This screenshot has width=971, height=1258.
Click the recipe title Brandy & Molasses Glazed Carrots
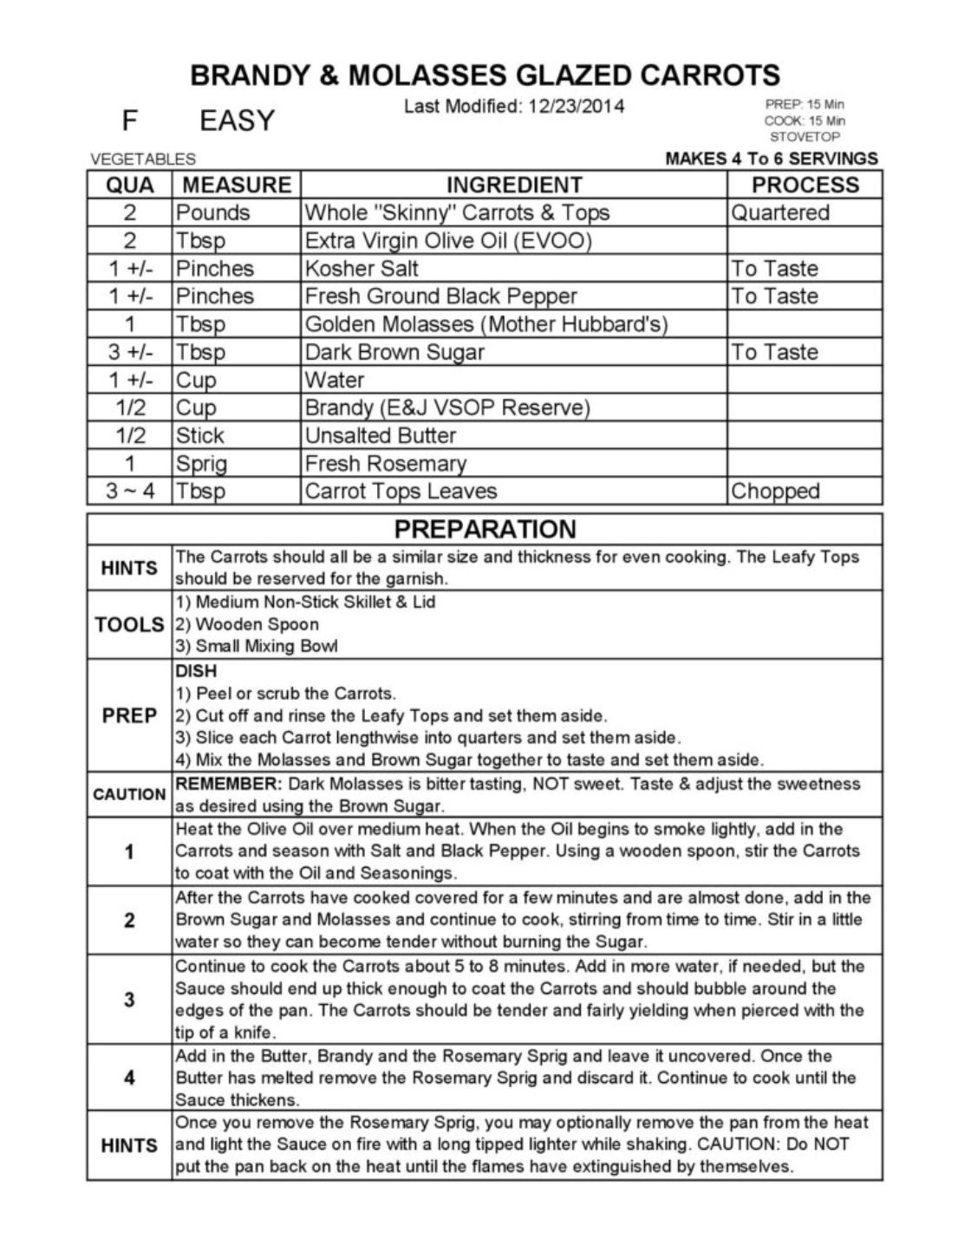(485, 75)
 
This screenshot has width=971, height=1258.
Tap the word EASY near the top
(237, 121)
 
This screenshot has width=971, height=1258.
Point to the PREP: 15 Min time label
(805, 104)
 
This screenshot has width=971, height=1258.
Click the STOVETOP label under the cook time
(805, 137)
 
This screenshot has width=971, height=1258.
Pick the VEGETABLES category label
(143, 160)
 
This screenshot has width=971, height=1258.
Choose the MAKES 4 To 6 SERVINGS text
(771, 159)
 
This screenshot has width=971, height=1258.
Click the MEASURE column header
(237, 185)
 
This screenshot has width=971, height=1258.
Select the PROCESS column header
(805, 185)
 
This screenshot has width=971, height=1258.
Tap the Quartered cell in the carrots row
(780, 212)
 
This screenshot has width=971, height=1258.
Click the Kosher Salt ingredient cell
(362, 268)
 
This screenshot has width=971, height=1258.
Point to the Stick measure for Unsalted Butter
(200, 435)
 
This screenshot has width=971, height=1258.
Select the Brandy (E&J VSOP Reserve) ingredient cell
(446, 407)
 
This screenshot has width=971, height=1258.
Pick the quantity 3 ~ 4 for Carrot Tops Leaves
(130, 491)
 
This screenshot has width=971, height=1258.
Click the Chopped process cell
(775, 491)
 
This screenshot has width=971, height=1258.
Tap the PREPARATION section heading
(485, 529)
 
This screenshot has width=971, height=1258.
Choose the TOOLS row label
(129, 624)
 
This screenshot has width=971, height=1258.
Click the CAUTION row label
(129, 794)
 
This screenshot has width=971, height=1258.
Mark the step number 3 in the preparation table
(129, 999)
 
